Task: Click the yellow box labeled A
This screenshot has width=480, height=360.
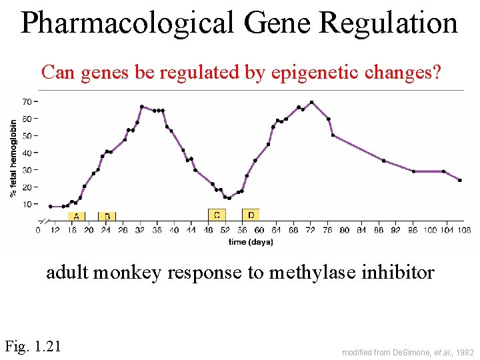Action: click(77, 216)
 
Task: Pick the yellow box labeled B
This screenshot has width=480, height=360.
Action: click(107, 216)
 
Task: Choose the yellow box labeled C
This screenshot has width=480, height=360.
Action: click(217, 215)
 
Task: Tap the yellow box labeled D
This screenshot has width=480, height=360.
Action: click(251, 215)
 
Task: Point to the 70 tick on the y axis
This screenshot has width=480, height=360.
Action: click(27, 101)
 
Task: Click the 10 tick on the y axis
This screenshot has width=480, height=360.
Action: click(27, 204)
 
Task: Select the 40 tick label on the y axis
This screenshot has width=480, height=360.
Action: click(27, 153)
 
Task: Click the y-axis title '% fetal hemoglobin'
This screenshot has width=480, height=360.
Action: click(13, 158)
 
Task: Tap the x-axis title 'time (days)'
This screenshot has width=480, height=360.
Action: click(250, 242)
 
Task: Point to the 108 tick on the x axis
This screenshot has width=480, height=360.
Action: click(464, 231)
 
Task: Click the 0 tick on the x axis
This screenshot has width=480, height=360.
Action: click(38, 231)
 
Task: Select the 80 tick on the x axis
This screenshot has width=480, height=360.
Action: click(344, 231)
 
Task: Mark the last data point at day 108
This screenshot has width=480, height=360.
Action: click(460, 180)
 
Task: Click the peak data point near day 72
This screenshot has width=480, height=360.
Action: click(311, 102)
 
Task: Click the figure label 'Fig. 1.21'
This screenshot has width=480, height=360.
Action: click(33, 345)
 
